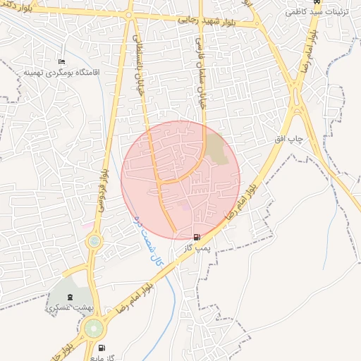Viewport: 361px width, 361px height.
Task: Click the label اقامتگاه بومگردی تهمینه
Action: [x=62, y=72]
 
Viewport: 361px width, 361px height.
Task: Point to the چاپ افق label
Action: [x=288, y=140]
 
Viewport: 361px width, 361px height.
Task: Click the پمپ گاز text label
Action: [x=198, y=247]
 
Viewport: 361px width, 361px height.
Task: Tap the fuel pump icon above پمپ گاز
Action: [x=196, y=237]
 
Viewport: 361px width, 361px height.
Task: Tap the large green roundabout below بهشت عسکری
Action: [x=94, y=328]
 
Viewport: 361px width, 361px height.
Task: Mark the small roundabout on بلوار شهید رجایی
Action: [x=128, y=14]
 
